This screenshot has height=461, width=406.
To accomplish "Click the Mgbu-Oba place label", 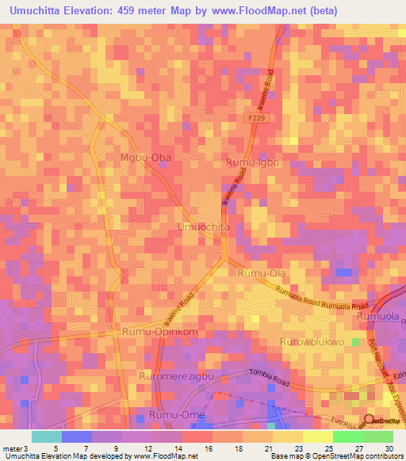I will coord(145,158).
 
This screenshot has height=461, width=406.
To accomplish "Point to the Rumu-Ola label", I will coord(261,273).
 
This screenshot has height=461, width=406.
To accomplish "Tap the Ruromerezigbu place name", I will coord(177,376).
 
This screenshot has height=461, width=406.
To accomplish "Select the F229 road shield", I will coord(254,117).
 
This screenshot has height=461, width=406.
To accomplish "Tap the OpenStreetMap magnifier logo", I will coord(370,420).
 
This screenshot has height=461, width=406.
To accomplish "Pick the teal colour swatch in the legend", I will coord(46,436).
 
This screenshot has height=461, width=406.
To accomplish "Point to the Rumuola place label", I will coord(379,317).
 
